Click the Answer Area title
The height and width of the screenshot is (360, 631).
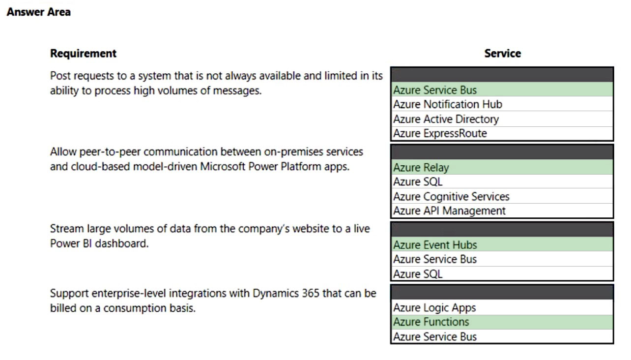39,12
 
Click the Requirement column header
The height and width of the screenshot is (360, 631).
83,53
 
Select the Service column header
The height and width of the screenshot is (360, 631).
503,53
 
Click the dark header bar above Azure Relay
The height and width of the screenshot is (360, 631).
502,152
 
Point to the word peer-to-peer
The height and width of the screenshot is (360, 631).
110,152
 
